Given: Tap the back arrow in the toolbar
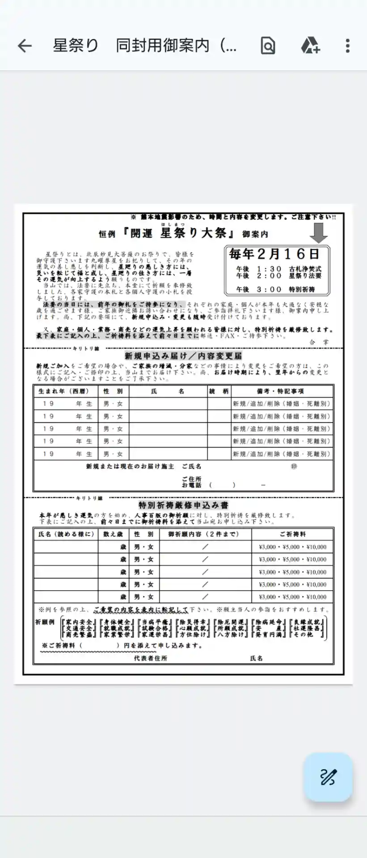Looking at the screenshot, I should (x=25, y=46).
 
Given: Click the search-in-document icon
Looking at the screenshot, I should (x=268, y=46).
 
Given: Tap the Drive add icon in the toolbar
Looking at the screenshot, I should (x=310, y=46).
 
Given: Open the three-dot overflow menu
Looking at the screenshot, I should (x=348, y=46).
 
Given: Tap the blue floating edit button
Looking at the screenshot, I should (x=328, y=777).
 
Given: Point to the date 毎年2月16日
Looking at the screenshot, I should (x=274, y=254).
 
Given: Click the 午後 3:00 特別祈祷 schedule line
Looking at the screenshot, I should (x=278, y=289).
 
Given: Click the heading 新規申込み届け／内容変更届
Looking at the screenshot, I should (x=183, y=356).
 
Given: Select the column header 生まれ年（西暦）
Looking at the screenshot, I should (x=63, y=391).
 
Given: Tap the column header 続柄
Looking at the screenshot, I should (x=219, y=391).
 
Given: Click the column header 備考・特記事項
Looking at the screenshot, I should (x=280, y=391).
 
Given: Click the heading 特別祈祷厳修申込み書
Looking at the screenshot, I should (x=183, y=505).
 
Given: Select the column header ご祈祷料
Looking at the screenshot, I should (x=293, y=534).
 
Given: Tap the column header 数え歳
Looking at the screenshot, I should (x=113, y=534).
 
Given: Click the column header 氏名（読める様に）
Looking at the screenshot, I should (x=66, y=534).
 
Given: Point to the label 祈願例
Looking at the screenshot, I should (x=45, y=622).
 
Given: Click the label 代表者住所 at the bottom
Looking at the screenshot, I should (x=150, y=658).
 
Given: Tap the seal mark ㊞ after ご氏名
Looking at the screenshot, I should (x=294, y=466).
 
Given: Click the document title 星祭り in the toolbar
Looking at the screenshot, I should (x=75, y=46).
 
